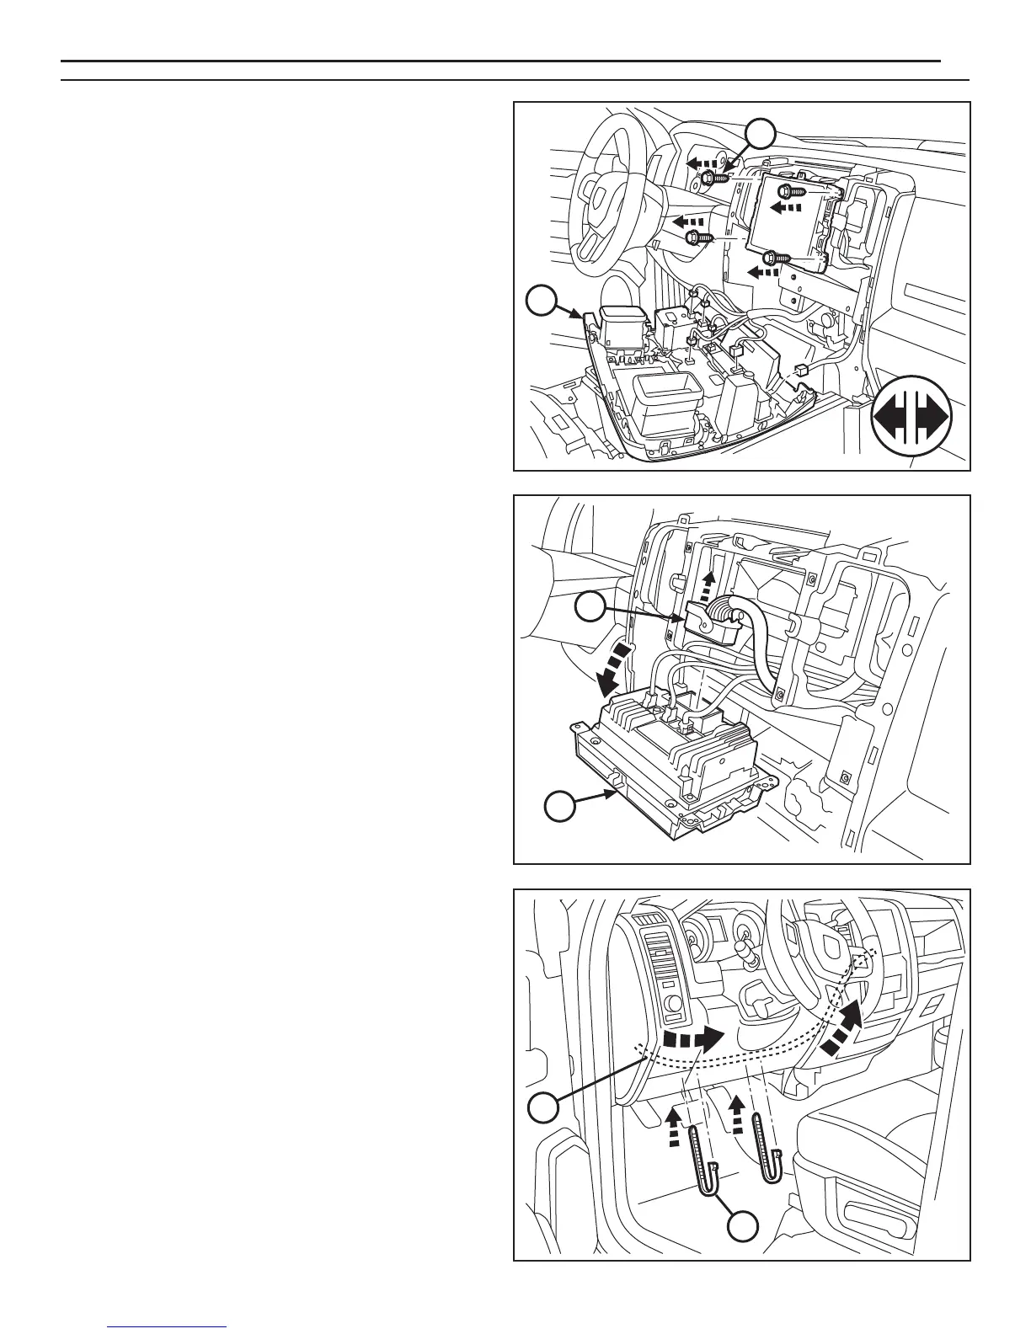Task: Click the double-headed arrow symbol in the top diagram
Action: click(911, 419)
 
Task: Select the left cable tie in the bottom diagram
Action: click(705, 1156)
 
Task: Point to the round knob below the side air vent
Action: click(671, 1004)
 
